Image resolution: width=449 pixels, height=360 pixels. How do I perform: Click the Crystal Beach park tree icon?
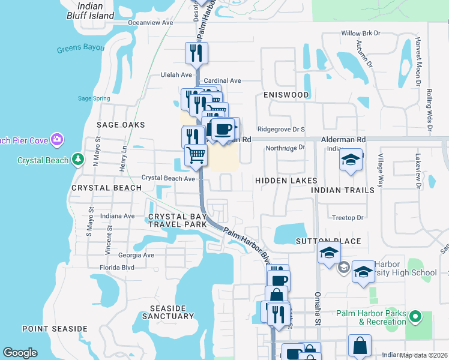pos(77,160)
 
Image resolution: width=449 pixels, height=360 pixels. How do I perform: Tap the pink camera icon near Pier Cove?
pos(57,140)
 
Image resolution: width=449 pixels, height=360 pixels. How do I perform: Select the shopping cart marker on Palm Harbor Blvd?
pos(196,156)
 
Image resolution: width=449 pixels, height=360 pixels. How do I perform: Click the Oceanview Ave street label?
pos(151,22)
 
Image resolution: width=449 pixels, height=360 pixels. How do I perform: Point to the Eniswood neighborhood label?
pos(286,95)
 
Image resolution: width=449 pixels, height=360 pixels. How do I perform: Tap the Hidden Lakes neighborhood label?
pos(286,181)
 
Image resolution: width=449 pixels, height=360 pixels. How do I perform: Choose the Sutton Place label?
pos(328,241)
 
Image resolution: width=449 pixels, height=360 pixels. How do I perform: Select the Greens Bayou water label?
pos(81,49)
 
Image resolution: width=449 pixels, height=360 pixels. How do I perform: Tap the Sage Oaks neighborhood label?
pos(121,125)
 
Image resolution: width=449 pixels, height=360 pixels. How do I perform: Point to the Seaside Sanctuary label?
pos(164,312)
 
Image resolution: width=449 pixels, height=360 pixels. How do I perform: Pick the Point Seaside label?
pos(55,329)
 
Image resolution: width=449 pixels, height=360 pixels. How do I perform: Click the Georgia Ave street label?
pos(136,254)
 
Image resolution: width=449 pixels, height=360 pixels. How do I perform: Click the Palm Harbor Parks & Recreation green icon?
pos(414,316)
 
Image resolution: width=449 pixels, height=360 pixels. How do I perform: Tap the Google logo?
pos(20,353)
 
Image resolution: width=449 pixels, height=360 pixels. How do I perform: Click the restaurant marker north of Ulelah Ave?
pos(196,53)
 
